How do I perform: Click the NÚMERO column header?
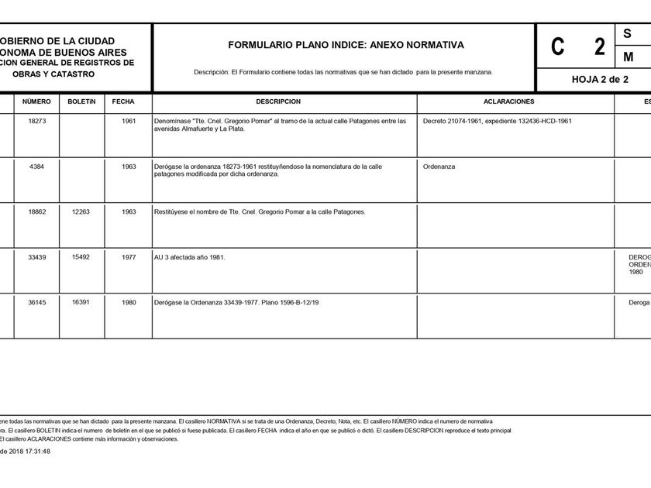[x=36, y=101]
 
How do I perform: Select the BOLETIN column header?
[x=81, y=101]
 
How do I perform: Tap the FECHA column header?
[x=123, y=101]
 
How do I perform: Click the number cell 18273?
[x=37, y=121]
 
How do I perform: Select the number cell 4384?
[x=37, y=167]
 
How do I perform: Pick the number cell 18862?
[x=37, y=211]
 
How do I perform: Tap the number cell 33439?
[x=37, y=256]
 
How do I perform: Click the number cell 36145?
[x=37, y=302]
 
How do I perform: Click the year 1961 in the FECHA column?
[x=129, y=121]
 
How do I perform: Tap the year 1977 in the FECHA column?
[x=129, y=256]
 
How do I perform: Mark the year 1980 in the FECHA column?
[x=129, y=302]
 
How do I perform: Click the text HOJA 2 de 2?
[x=600, y=79]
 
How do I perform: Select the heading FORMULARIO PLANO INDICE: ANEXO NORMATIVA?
[x=346, y=45]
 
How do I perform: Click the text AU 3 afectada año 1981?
[x=190, y=256]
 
